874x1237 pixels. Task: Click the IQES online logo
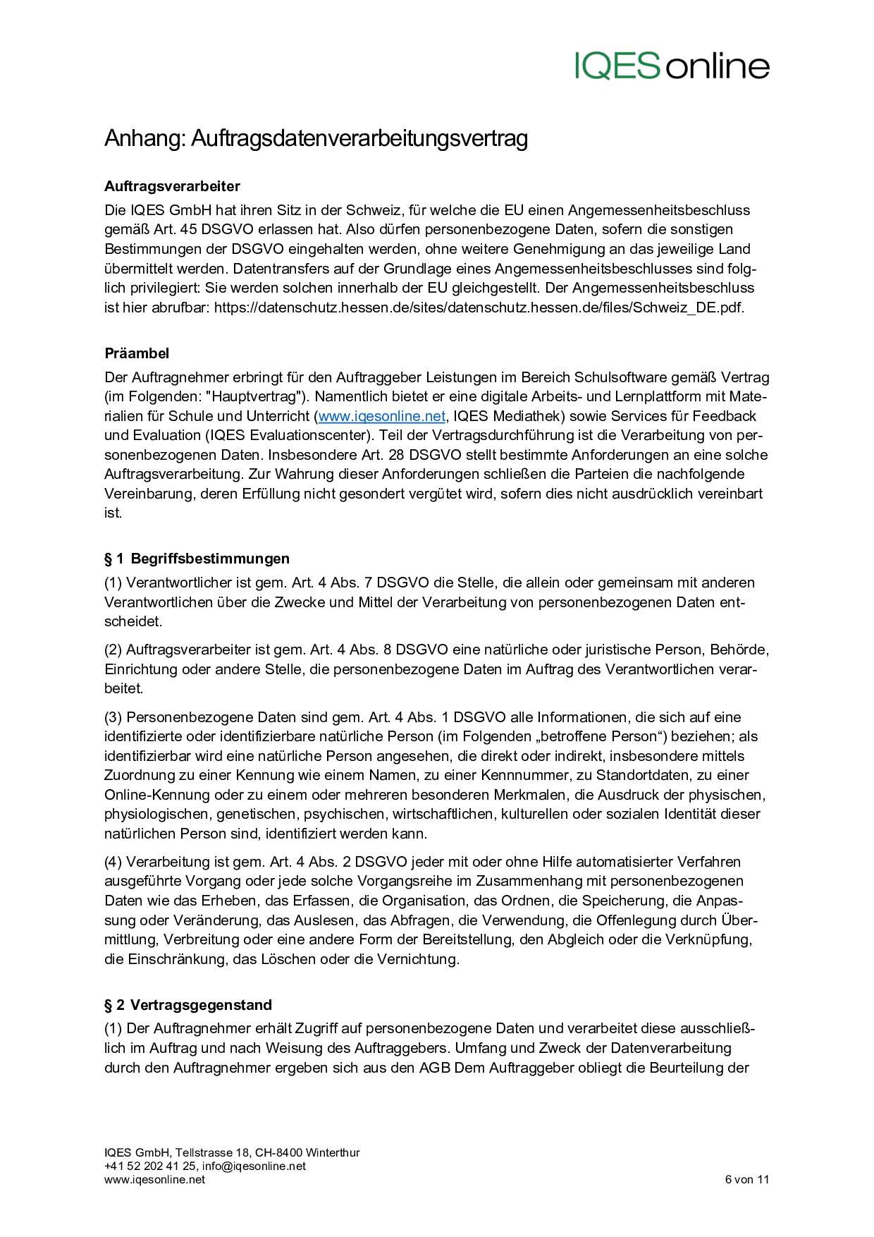click(x=672, y=66)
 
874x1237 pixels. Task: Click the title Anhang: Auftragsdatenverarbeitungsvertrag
click(x=316, y=138)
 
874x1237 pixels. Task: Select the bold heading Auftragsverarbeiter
click(x=172, y=186)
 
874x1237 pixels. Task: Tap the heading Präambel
click(x=137, y=353)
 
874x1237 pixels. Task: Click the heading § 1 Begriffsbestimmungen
click(x=197, y=559)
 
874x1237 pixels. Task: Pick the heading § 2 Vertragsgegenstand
click(x=188, y=1005)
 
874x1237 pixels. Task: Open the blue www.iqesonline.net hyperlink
click(x=382, y=416)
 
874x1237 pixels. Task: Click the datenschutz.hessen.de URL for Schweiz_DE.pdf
click(x=479, y=307)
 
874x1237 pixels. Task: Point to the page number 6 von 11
click(x=746, y=1179)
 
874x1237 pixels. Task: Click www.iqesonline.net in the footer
click(x=154, y=1179)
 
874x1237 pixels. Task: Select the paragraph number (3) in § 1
click(x=113, y=717)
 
